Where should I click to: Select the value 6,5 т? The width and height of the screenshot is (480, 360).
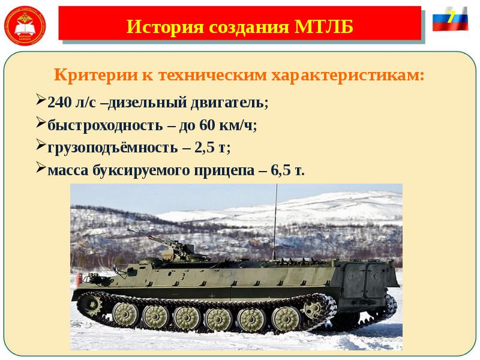(x=287, y=170)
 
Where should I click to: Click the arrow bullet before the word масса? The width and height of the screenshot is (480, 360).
(x=40, y=167)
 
